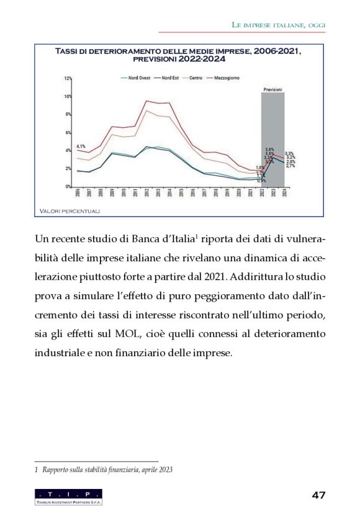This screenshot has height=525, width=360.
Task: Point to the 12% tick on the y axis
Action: tap(68, 79)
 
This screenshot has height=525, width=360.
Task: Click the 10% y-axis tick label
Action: tap(68, 97)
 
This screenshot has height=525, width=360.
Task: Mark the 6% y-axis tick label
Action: tap(69, 133)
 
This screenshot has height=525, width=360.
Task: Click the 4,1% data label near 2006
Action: tap(81, 145)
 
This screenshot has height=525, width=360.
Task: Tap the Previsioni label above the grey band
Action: tap(272, 90)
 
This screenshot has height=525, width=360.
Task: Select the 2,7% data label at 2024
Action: tap(290, 166)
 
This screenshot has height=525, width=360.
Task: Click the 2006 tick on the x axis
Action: tap(78, 193)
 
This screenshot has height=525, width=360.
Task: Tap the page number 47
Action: tap(319, 495)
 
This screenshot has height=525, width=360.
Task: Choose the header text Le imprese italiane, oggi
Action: tap(279, 25)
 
